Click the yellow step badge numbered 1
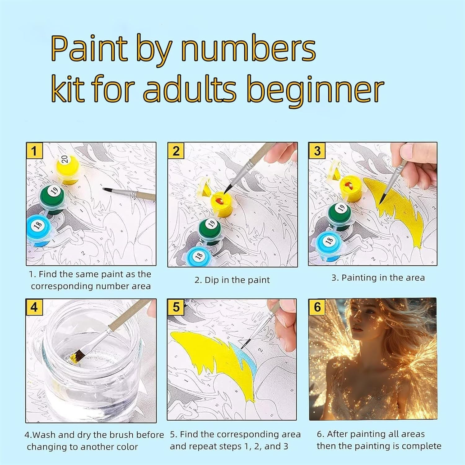point(34,151)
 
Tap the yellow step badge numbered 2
point(176,151)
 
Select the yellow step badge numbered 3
point(317,151)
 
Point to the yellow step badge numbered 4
point(34,307)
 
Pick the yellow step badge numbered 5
point(176,307)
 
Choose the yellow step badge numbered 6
point(317,307)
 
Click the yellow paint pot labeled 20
point(68,169)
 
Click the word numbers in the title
point(248,49)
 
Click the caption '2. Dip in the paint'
point(232,280)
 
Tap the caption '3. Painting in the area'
point(378,278)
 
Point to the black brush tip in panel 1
point(107,189)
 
